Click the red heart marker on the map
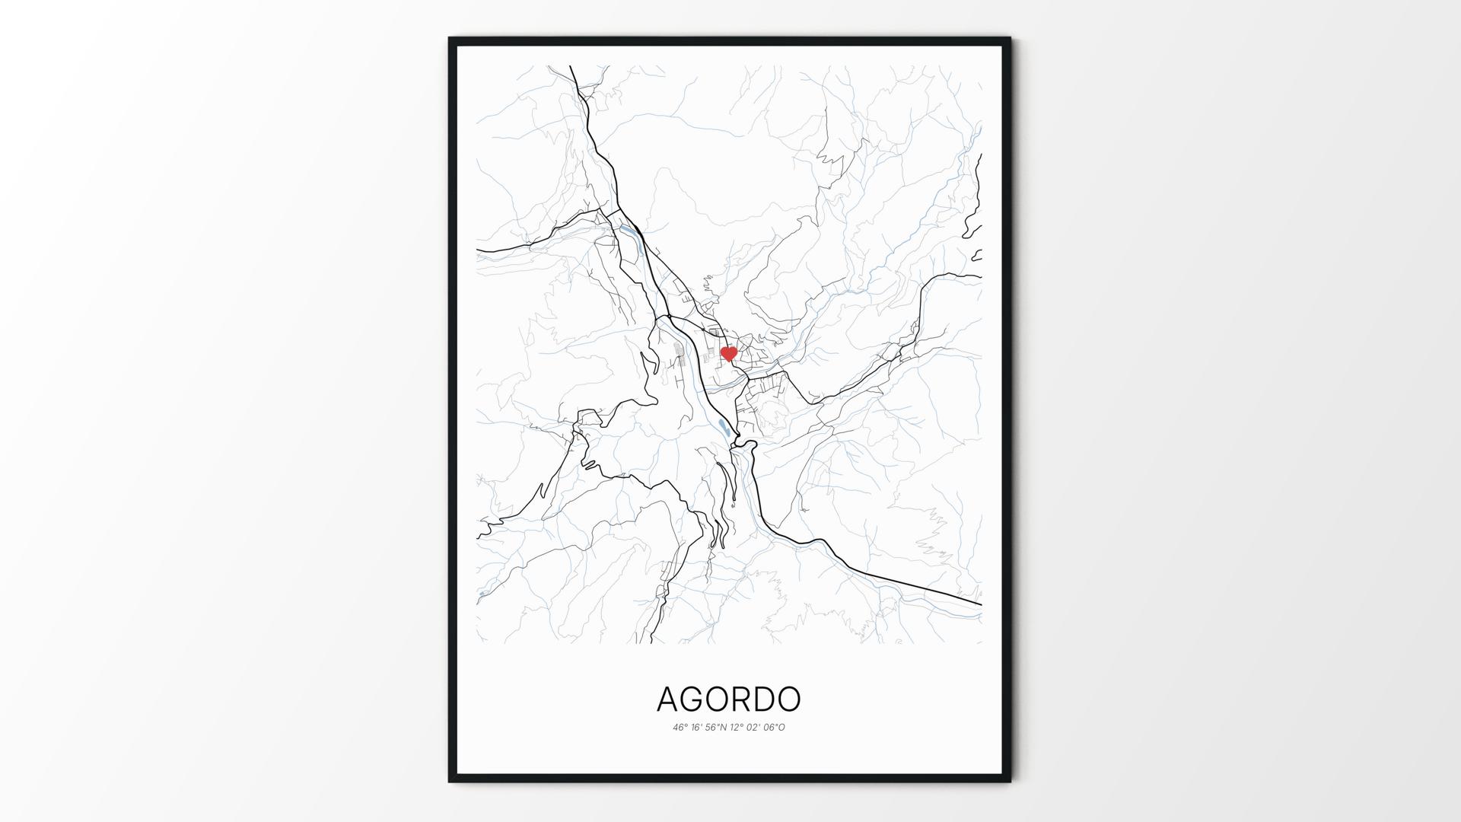pyautogui.click(x=728, y=353)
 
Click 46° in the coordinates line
pyautogui.click(x=680, y=728)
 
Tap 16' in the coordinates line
pyautogui.click(x=698, y=728)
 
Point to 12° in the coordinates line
pyautogui.click(x=737, y=728)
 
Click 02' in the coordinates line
pyautogui.click(x=754, y=728)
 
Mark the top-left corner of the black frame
pyautogui.click(x=450, y=38)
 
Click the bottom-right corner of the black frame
pyautogui.click(x=1010, y=781)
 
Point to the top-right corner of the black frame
pyautogui.click(x=1010, y=38)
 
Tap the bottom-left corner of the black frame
pyautogui.click(x=450, y=781)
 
